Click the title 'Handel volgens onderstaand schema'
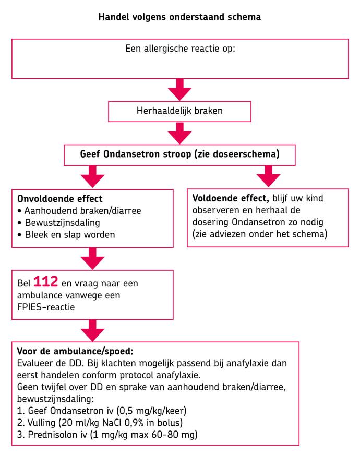(179, 17)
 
